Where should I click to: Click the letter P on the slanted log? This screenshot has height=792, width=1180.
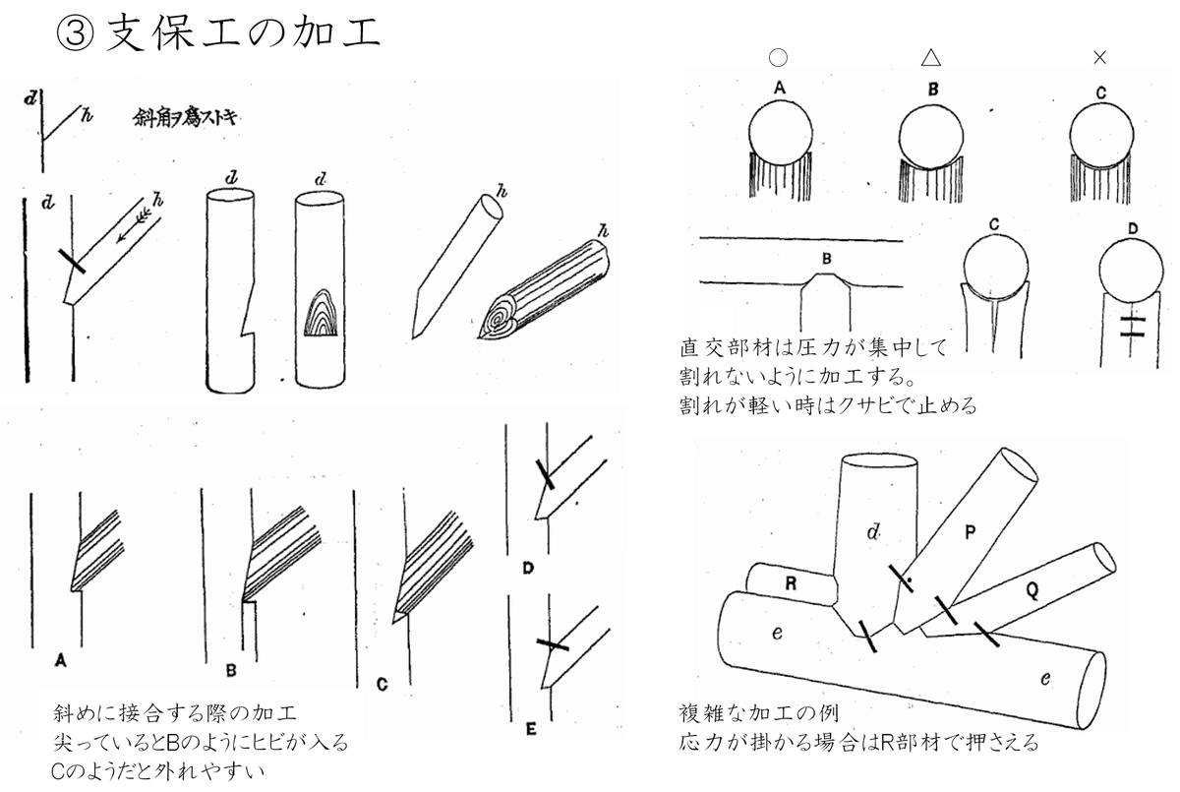click(x=970, y=532)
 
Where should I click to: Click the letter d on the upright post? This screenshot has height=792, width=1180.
click(x=873, y=532)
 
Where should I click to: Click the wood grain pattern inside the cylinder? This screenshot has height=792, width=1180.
click(x=322, y=315)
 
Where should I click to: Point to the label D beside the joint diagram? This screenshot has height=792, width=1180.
click(x=528, y=569)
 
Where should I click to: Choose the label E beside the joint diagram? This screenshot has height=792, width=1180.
click(x=531, y=729)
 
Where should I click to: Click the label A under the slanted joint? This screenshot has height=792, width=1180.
click(x=61, y=661)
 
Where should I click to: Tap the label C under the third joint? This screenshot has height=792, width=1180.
click(x=382, y=681)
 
